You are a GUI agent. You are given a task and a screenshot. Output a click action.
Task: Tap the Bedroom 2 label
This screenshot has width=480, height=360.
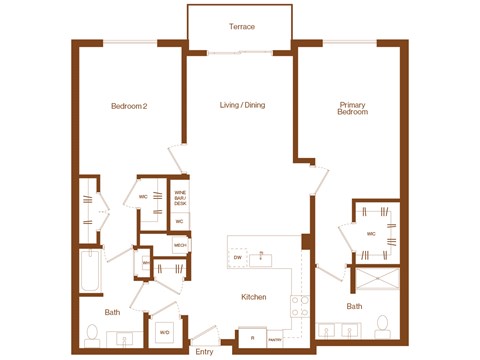129,106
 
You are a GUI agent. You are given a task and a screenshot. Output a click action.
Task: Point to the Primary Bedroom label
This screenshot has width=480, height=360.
353,109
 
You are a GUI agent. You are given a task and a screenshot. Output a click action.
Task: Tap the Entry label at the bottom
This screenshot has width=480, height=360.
204,351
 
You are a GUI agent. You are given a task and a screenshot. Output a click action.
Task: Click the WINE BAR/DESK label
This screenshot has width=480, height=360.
181,198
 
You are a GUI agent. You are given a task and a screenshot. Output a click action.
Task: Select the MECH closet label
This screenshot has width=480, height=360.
180,244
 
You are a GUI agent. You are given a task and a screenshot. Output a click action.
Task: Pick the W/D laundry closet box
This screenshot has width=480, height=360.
164,332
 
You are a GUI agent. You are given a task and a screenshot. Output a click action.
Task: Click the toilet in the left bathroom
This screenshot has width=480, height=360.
92,334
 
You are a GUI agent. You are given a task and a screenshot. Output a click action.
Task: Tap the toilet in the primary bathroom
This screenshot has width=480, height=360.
381,326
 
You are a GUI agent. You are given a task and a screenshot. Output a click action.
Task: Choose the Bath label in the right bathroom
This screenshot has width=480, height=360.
354,306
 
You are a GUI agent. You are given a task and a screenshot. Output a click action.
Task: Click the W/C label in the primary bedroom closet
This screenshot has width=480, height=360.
371,234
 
